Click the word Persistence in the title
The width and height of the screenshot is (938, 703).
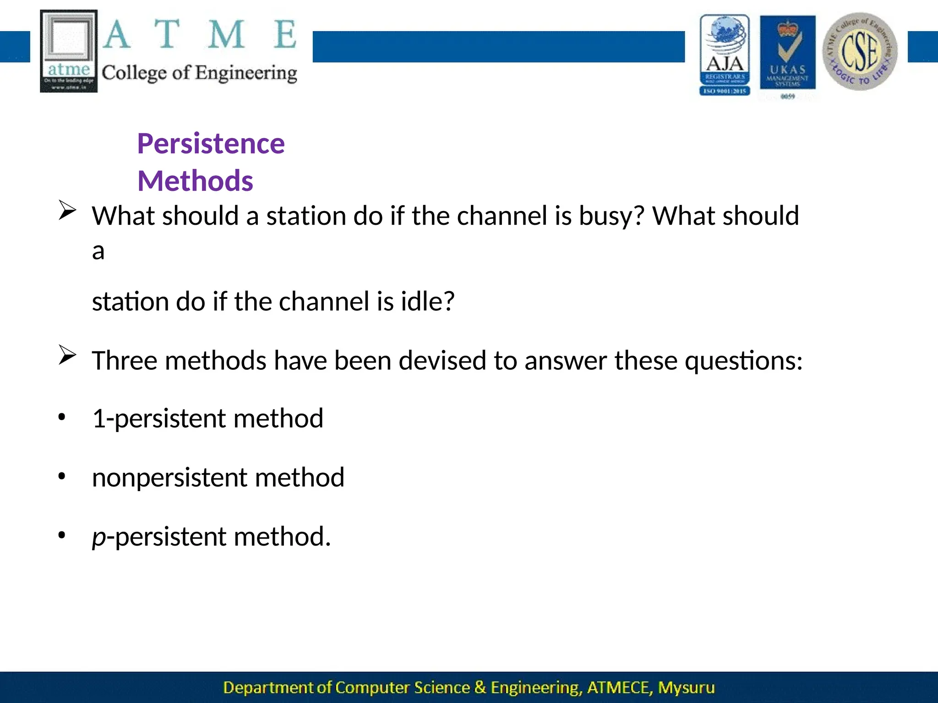click(x=211, y=144)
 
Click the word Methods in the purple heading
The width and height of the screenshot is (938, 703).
click(x=195, y=181)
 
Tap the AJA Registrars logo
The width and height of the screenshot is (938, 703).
click(x=725, y=55)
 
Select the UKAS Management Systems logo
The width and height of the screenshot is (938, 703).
click(x=787, y=54)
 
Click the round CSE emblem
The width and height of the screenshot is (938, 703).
click(x=860, y=51)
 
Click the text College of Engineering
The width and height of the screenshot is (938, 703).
click(x=199, y=73)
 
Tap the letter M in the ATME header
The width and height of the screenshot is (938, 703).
click(x=226, y=35)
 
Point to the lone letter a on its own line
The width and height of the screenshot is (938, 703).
click(x=98, y=251)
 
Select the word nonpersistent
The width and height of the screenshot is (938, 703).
click(x=169, y=478)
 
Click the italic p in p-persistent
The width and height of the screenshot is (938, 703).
click(x=98, y=538)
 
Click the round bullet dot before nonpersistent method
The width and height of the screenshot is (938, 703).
click(x=62, y=477)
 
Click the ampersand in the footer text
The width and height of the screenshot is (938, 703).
click(x=480, y=687)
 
